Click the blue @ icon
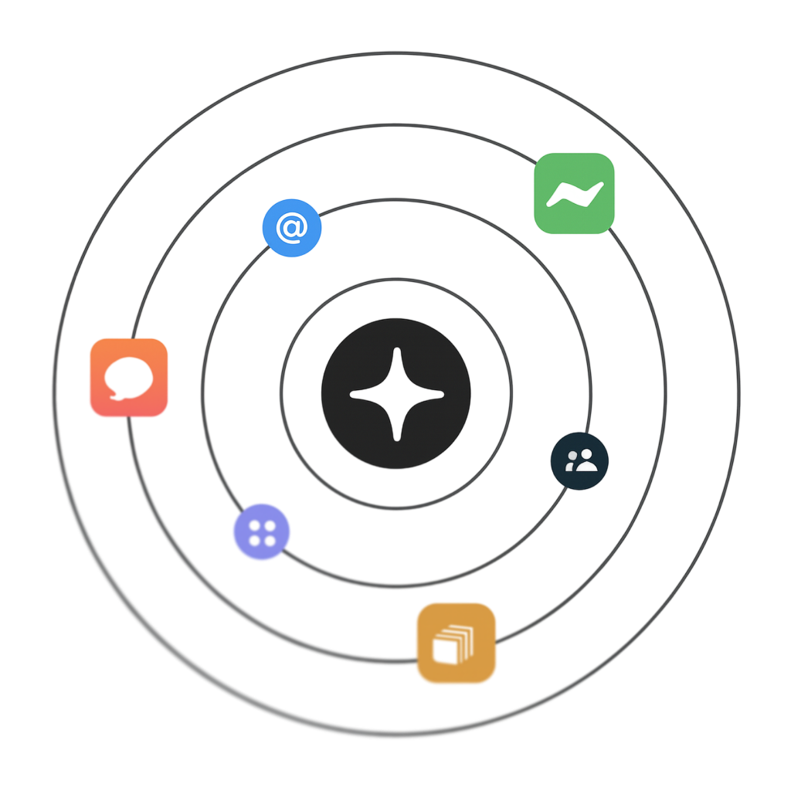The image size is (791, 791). pos(291,228)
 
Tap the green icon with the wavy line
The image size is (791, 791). pos(574,193)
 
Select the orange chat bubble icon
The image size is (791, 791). pos(128,378)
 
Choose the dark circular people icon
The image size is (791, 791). pos(579,460)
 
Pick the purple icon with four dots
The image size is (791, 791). pos(262,531)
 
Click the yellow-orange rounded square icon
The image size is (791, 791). pos(456,643)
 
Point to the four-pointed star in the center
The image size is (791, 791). pos(396,394)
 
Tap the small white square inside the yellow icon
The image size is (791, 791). pos(445,650)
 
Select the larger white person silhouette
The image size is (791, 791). pos(586,460)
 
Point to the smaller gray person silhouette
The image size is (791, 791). pos(571,463)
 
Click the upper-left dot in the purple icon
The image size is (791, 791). pos(254,525)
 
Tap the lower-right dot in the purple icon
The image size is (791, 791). pos(270,540)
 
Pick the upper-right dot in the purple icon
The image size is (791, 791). pos(270,525)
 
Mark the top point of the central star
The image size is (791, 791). pos(396,352)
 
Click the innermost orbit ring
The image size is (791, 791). pos(395,279)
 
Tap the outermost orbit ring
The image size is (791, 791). pos(395,54)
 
